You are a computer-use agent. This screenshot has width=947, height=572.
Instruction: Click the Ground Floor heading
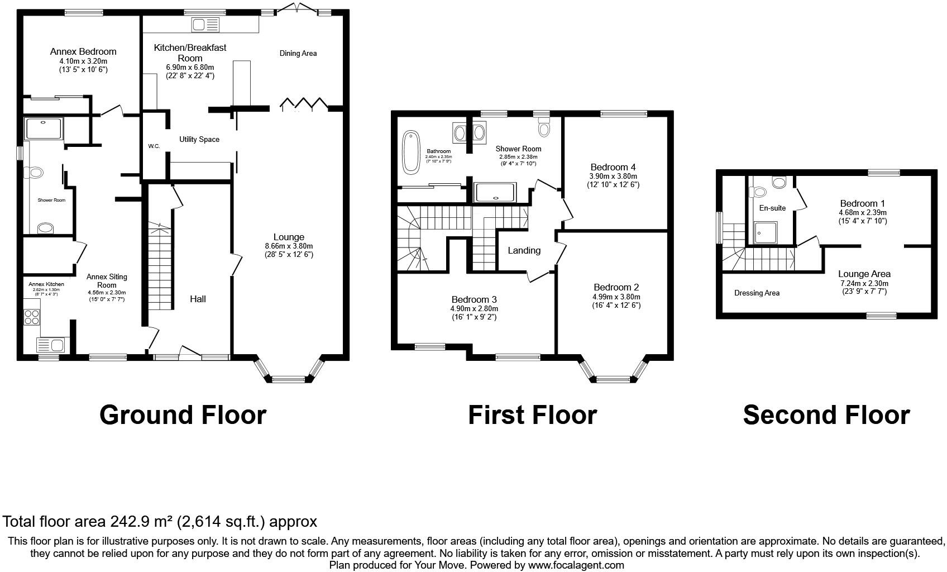pos(183,415)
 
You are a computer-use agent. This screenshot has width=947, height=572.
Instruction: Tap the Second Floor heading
pos(826,415)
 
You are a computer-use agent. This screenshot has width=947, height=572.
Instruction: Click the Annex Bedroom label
pos(83,52)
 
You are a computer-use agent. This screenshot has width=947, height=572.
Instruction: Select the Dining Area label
pos(298,54)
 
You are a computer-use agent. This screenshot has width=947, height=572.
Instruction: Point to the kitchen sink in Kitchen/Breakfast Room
pos(206,24)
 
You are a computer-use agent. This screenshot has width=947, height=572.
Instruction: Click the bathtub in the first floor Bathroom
pos(411,151)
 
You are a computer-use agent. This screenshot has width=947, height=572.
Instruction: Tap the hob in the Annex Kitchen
pos(32,317)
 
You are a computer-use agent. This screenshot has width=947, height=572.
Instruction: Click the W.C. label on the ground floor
pos(154,146)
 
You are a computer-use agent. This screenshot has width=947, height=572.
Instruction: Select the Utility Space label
pos(199,140)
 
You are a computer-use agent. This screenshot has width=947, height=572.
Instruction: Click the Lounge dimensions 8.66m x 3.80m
pos(289,246)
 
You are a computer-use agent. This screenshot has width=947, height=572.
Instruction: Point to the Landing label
pos(524,250)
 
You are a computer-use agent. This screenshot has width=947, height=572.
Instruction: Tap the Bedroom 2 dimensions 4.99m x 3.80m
pos(616,297)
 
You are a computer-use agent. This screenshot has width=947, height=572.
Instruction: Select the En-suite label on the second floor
pos(772,208)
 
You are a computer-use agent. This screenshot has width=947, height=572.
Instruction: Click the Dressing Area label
pos(757,293)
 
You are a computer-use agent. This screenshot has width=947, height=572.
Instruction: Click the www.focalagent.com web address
pos(576,565)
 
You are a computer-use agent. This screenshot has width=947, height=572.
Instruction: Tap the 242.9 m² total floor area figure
pos(141,522)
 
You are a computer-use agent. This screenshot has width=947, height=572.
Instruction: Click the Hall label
pos(198,299)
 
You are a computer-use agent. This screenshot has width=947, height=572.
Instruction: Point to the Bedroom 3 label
pos(474,299)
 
